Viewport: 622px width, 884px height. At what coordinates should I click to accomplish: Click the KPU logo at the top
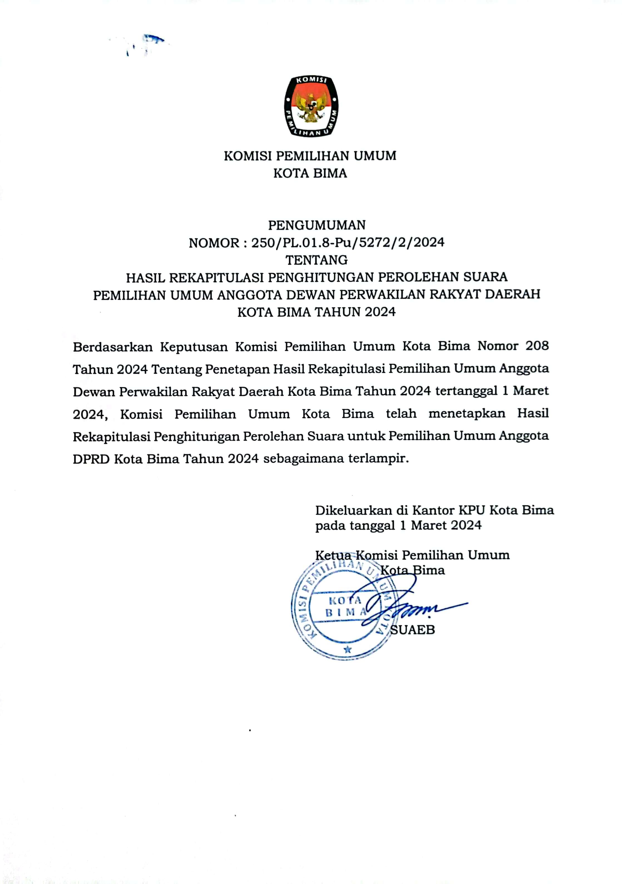point(311,106)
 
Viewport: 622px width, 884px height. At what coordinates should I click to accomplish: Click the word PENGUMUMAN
point(317,225)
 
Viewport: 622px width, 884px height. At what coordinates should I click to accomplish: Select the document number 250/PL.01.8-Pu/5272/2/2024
point(348,243)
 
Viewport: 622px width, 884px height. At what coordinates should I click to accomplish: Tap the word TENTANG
point(316,260)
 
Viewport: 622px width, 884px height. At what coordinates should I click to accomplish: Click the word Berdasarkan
point(113,347)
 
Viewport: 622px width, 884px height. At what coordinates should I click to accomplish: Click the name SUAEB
point(412,630)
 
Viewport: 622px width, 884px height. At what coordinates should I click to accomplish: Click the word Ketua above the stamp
point(333,555)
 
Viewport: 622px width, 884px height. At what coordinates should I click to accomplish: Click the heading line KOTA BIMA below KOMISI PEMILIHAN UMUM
point(310,174)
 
